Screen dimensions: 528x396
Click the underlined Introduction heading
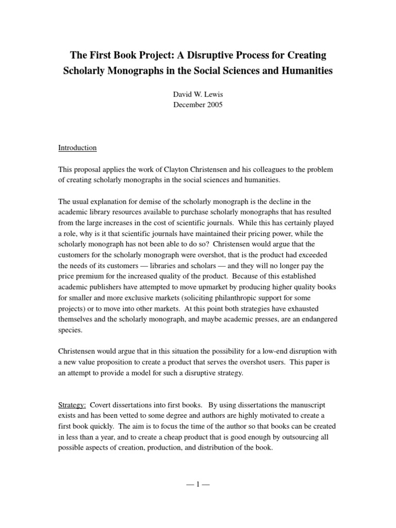pyautogui.click(x=77, y=147)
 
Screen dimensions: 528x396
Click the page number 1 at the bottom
pyautogui.click(x=197, y=485)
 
